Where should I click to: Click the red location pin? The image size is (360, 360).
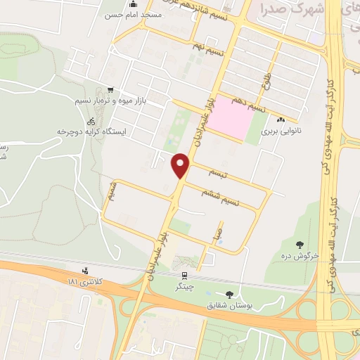(181, 165)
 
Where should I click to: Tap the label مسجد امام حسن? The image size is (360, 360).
(127, 14)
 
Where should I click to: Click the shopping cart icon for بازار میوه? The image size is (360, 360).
(110, 90)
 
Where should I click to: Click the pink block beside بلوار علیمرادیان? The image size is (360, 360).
(233, 117)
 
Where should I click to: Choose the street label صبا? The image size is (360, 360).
(221, 229)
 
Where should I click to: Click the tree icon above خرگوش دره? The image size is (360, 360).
(300, 245)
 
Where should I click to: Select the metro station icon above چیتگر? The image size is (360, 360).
(184, 276)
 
